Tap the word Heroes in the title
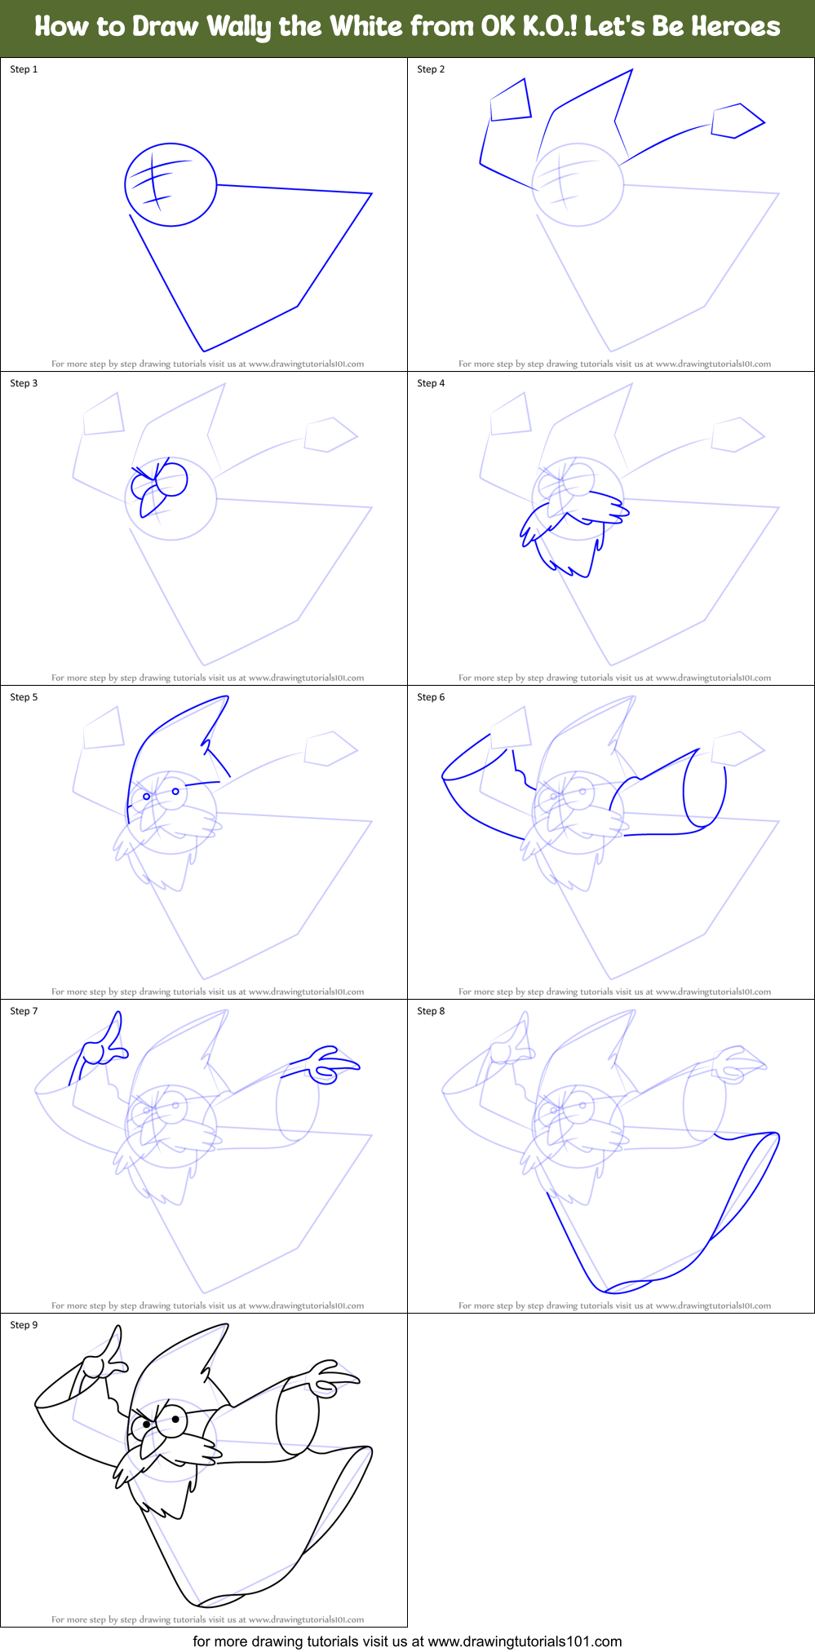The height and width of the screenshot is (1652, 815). [737, 27]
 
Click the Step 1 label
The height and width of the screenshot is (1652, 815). [24, 69]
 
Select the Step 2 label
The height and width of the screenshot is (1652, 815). [431, 69]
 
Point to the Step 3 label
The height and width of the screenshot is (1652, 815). [24, 383]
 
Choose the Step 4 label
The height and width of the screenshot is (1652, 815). [431, 383]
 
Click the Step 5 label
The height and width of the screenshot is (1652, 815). [24, 697]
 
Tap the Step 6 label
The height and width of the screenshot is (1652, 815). [431, 697]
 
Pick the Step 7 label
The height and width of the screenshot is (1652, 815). [24, 1011]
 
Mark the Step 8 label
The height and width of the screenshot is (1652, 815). [431, 1011]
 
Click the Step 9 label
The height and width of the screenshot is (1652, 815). [24, 1325]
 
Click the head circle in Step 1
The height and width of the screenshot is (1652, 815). [171, 184]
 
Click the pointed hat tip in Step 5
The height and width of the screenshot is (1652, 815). [226, 698]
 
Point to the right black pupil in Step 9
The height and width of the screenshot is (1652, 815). [175, 1420]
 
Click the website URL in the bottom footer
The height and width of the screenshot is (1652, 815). [525, 1641]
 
